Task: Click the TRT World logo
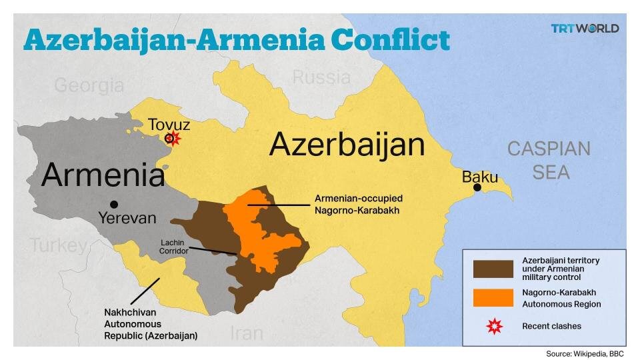(585, 28)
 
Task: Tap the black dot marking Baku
(477, 187)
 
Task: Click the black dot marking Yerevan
(114, 204)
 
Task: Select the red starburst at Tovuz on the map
(174, 138)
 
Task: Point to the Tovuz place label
(169, 124)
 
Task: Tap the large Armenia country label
(103, 176)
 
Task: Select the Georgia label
(89, 85)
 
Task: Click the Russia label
(321, 77)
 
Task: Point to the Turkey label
(59, 245)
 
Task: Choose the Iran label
(246, 333)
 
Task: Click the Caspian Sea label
(549, 160)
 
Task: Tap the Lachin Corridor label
(174, 247)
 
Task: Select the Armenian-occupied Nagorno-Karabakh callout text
(358, 205)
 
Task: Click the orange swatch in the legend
(493, 298)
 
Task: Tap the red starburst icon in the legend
(493, 326)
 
